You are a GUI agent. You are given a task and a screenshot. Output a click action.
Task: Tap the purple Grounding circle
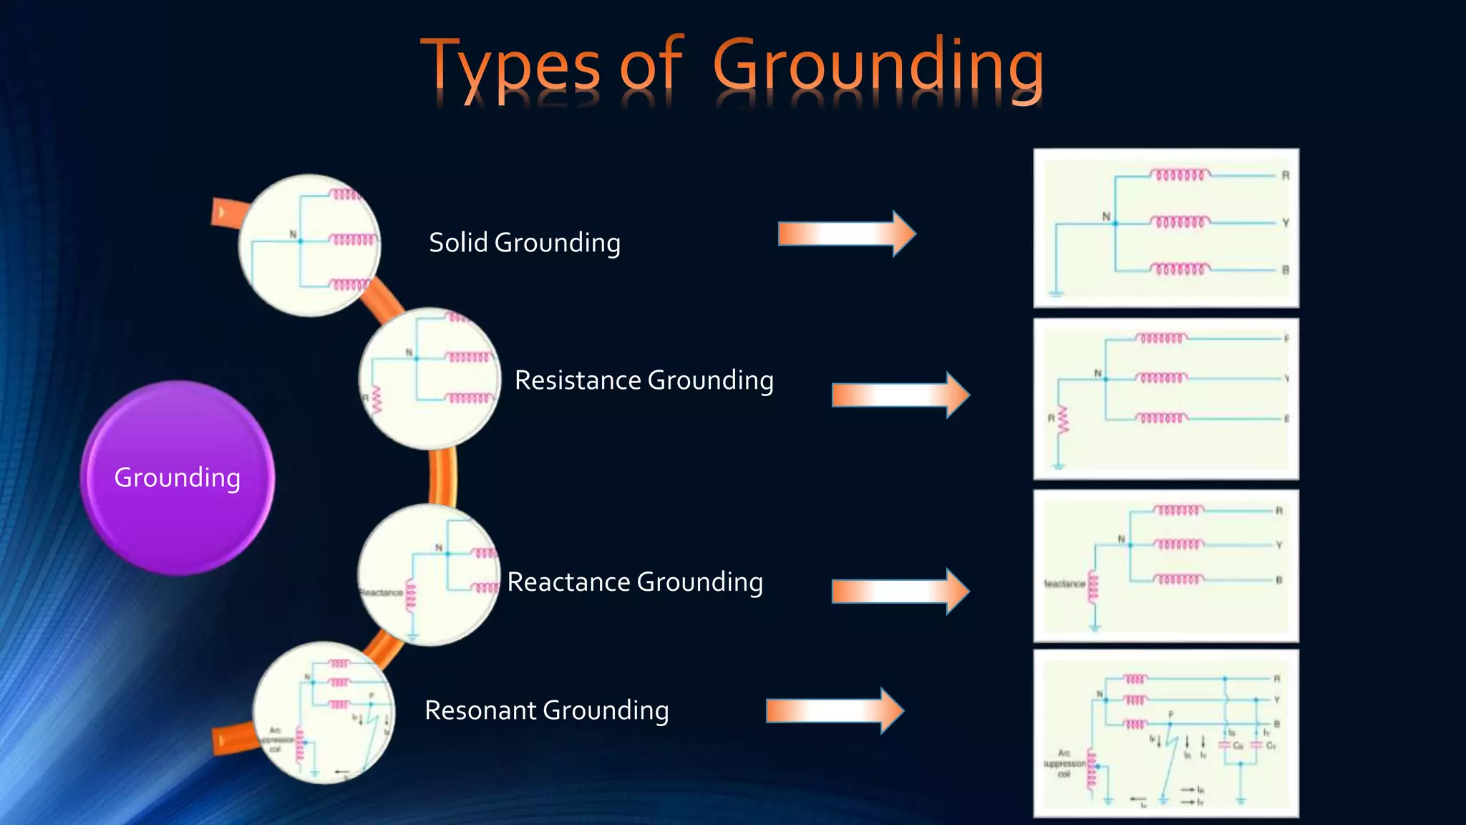(x=178, y=478)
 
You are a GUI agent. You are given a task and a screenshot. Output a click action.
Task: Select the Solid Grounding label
(x=525, y=243)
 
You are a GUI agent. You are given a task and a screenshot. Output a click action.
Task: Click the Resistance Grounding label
(x=644, y=380)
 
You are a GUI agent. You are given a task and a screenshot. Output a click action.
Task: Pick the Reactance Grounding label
(x=635, y=582)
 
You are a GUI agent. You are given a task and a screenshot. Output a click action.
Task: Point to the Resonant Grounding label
(x=547, y=710)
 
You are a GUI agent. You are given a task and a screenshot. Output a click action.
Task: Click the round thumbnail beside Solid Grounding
(x=309, y=245)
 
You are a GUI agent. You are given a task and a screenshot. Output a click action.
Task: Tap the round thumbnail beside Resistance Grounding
(x=429, y=379)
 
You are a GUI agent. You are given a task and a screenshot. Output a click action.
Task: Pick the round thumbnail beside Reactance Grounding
(x=429, y=574)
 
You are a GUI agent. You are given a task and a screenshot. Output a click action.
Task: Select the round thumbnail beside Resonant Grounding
(x=324, y=713)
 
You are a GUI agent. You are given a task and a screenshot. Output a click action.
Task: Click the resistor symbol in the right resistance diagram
(x=1063, y=420)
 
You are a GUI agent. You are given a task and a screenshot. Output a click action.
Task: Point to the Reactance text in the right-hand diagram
(x=1065, y=584)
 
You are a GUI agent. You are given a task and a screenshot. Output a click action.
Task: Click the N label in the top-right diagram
(x=1106, y=216)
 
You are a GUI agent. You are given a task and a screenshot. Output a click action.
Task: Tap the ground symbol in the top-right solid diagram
(x=1057, y=292)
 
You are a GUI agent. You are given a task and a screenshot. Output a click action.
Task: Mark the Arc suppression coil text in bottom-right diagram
(x=1064, y=763)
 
